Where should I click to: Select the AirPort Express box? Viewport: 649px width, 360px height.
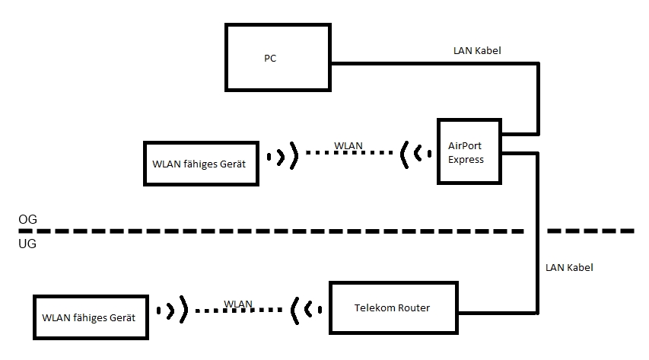(x=469, y=151)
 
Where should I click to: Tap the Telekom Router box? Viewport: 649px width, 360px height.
(x=394, y=308)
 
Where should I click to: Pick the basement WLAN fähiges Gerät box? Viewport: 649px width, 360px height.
(x=89, y=317)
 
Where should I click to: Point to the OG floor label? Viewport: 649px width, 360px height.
(x=27, y=219)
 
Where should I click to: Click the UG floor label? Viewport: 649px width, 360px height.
(x=27, y=244)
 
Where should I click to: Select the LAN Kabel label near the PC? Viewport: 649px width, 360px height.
(x=476, y=50)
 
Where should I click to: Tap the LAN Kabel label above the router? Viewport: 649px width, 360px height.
(x=569, y=268)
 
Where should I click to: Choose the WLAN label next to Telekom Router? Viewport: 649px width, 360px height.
(x=238, y=304)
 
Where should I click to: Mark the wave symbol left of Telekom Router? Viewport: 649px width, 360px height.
(x=302, y=309)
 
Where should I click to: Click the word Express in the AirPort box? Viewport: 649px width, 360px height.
(x=466, y=159)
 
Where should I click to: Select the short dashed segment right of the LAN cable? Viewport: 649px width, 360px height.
(x=590, y=230)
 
